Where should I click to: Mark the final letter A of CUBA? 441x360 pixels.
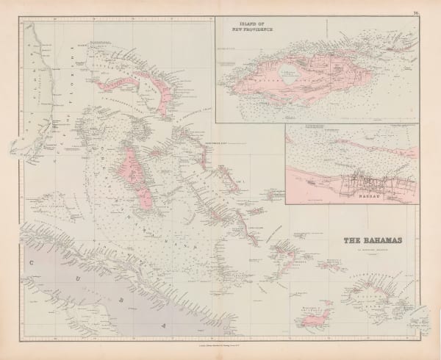pyautogui.click(x=165, y=321)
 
